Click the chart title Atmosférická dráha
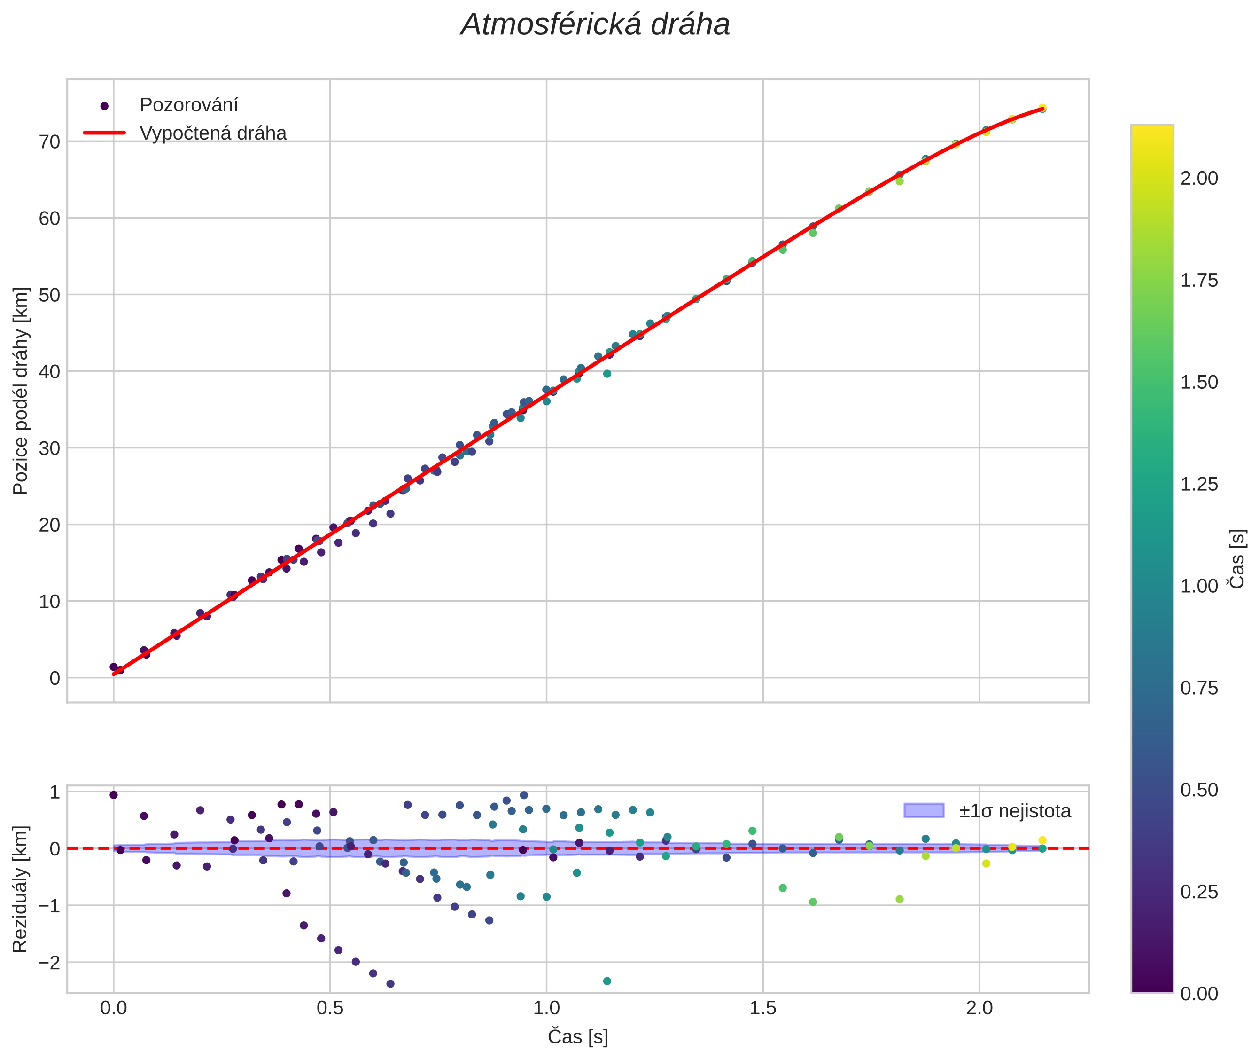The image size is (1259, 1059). pyautogui.click(x=595, y=25)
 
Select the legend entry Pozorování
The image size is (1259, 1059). pyautogui.click(x=188, y=105)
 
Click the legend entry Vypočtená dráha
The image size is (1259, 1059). pyautogui.click(x=212, y=133)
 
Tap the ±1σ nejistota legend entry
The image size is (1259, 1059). pyautogui.click(x=1014, y=811)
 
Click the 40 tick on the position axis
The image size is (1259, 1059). pyautogui.click(x=49, y=372)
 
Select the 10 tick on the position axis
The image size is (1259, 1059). pyautogui.click(x=49, y=602)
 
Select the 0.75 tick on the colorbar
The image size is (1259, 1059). pyautogui.click(x=1199, y=688)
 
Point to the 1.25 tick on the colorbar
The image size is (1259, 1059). pyautogui.click(x=1199, y=484)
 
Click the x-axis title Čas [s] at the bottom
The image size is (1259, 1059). pyautogui.click(x=577, y=1037)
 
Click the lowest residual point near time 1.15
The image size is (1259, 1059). pyautogui.click(x=606, y=981)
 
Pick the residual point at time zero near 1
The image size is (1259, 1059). pyautogui.click(x=113, y=795)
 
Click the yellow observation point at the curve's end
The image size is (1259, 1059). pyautogui.click(x=1042, y=108)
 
